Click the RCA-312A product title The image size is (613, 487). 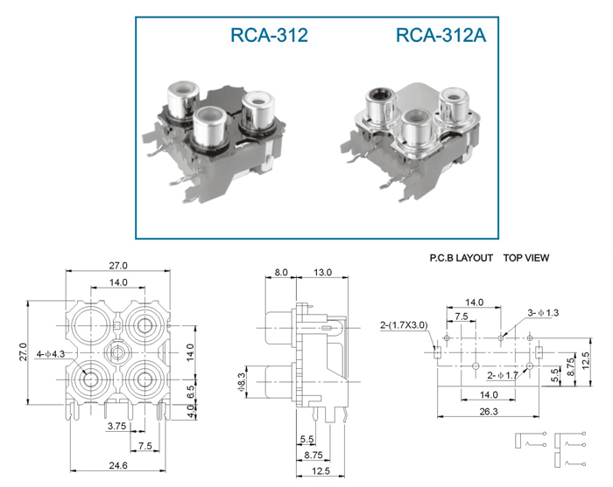pyautogui.click(x=441, y=35)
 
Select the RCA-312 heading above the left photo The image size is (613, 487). pyautogui.click(x=269, y=35)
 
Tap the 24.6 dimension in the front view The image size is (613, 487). pyautogui.click(x=118, y=465)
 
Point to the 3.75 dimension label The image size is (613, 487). pyautogui.click(x=116, y=426)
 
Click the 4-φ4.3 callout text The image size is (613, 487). pyautogui.click(x=51, y=354)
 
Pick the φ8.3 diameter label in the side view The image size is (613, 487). pyautogui.click(x=242, y=381)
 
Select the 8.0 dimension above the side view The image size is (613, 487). pyautogui.click(x=281, y=272)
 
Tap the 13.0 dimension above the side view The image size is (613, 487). pyautogui.click(x=322, y=272)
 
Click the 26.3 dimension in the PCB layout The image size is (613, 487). pyautogui.click(x=489, y=411)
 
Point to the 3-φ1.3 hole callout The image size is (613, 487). pyautogui.click(x=543, y=312)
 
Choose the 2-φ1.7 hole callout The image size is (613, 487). pyautogui.click(x=503, y=375)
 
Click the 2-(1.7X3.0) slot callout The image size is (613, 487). pyautogui.click(x=404, y=325)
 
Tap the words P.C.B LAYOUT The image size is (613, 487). pyautogui.click(x=461, y=258)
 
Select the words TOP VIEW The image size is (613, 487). pyautogui.click(x=526, y=258)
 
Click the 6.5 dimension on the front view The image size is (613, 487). pyautogui.click(x=190, y=391)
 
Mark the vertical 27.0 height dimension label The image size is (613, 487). pyautogui.click(x=24, y=351)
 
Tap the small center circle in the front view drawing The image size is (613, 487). pyautogui.click(x=116, y=352)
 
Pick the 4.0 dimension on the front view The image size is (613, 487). pyautogui.click(x=190, y=411)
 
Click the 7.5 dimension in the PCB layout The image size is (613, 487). pyautogui.click(x=462, y=317)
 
